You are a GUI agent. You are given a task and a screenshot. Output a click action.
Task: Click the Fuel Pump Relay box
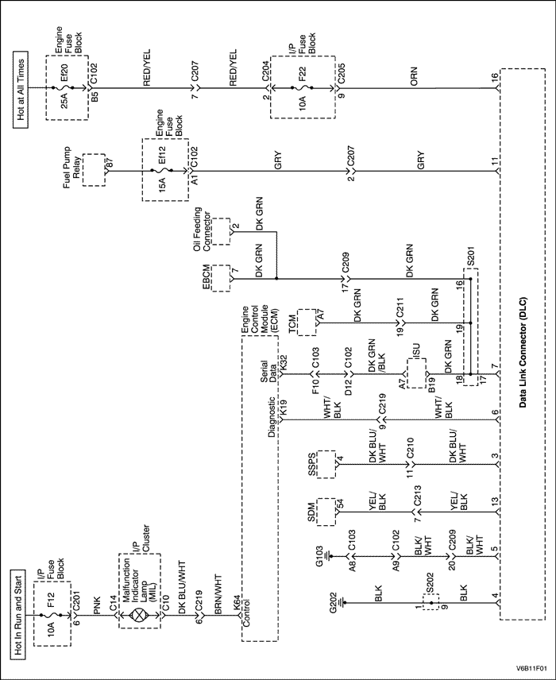click(95, 169)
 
